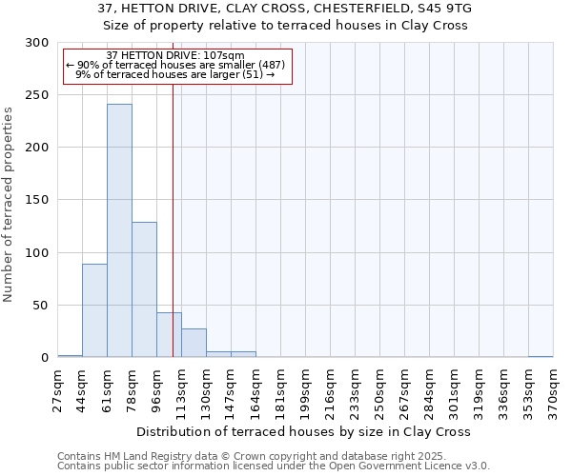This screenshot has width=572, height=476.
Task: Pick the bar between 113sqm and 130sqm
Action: pos(194,343)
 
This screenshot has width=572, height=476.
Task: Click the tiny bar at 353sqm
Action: pos(541,356)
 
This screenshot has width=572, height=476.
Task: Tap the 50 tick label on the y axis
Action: pos(41,306)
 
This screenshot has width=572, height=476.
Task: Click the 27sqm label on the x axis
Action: pos(57,387)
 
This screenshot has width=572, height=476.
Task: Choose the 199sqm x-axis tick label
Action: pos(305,388)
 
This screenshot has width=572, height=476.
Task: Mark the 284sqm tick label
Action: pos(429,388)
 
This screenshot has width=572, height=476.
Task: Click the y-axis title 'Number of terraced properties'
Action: pos(10,205)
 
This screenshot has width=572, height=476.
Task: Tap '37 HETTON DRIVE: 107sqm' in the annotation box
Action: pos(175,55)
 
